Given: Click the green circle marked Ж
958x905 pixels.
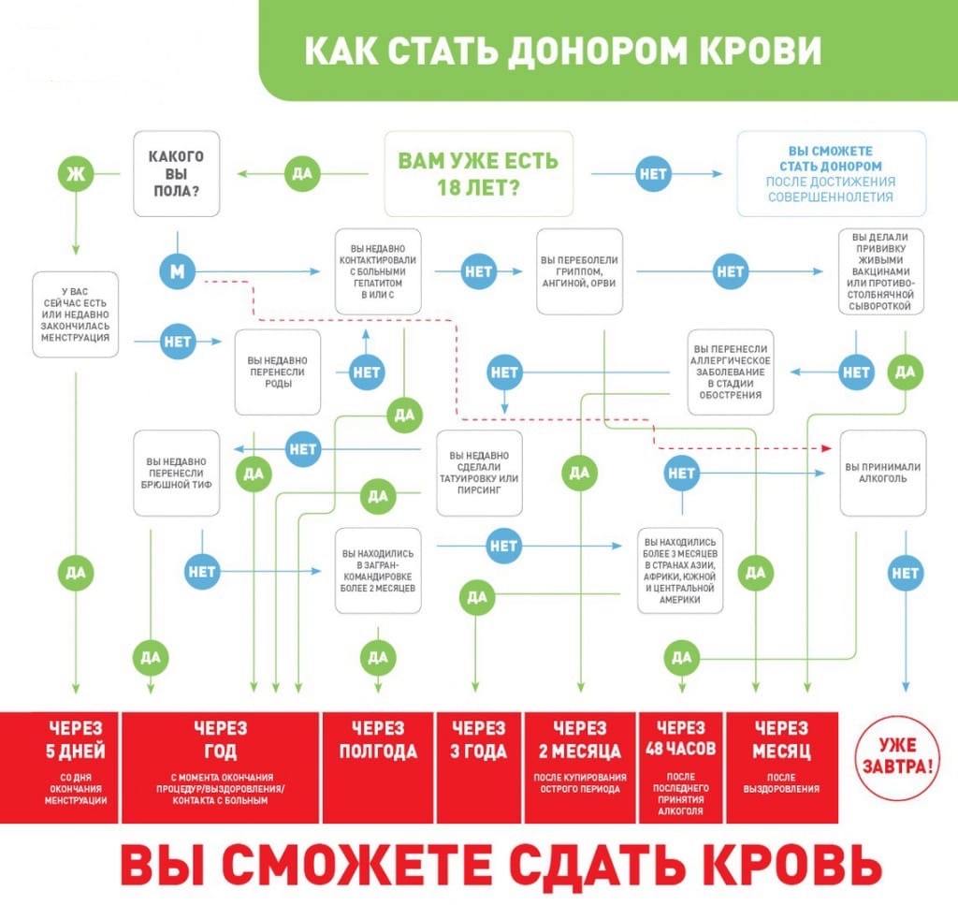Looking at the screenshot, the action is coord(76,173).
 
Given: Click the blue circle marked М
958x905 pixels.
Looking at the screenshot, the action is coord(177,271).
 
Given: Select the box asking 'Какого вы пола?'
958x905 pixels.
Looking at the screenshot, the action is coord(177,173).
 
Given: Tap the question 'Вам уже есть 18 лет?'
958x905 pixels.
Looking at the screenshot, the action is coord(478,173).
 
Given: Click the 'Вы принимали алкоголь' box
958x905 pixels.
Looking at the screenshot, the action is coord(883,473).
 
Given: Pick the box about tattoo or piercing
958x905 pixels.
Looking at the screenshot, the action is coord(479,473).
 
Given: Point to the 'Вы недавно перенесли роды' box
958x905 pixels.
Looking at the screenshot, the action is coord(278,372).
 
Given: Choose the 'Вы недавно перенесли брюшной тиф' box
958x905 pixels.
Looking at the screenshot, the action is coord(177,473).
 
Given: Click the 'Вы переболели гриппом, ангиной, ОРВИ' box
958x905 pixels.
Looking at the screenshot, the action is coord(579,271).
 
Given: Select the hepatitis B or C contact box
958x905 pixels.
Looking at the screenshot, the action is coord(378,271).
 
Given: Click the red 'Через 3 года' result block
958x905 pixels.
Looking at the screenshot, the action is coord(478,767).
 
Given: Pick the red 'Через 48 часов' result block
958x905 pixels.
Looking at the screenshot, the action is coord(681,767).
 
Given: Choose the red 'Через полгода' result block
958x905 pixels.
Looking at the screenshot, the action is coord(378,767).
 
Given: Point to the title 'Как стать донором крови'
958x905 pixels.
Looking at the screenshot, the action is coord(562,51).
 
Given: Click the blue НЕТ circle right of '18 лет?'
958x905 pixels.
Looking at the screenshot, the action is coord(653,173).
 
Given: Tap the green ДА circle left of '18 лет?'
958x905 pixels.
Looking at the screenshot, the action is coord(302,173).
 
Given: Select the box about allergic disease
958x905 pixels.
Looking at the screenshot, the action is coord(730,372).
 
